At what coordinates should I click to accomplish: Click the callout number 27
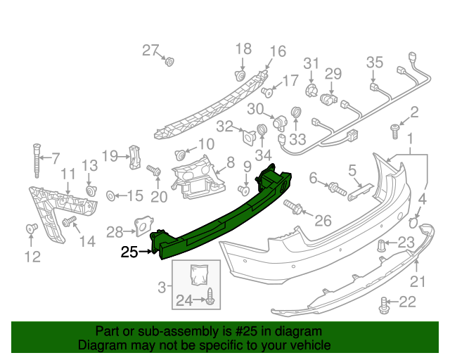pyautogui.click(x=150, y=50)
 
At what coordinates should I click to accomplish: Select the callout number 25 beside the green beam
pyautogui.click(x=129, y=251)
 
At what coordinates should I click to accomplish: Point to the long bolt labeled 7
pyautogui.click(x=34, y=161)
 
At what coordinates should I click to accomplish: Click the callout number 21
pyautogui.click(x=418, y=281)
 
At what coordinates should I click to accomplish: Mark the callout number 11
pyautogui.click(x=67, y=174)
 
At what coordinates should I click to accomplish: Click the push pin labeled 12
pyautogui.click(x=31, y=229)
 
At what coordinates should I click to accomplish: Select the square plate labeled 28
pyautogui.click(x=142, y=225)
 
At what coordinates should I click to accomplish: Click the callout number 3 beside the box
pyautogui.click(x=162, y=285)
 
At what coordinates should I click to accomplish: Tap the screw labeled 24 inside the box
pyautogui.click(x=210, y=297)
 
